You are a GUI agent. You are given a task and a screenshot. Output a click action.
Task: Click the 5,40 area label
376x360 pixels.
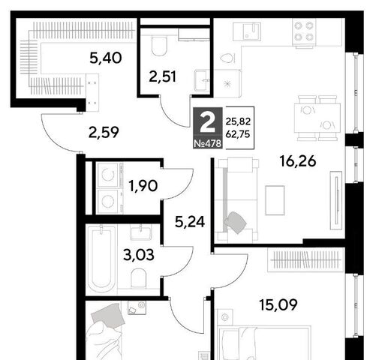click(106, 58)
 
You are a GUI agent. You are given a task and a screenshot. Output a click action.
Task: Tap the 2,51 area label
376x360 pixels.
click(163, 76)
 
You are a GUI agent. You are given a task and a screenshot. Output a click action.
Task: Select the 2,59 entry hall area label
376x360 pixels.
click(104, 133)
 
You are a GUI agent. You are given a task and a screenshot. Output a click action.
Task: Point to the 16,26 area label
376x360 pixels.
click(298, 161)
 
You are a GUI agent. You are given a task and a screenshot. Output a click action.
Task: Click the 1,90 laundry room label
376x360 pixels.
click(143, 186)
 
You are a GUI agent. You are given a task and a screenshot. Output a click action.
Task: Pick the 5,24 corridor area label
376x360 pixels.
click(190, 222)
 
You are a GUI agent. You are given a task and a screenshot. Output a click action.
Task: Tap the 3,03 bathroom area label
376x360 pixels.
click(139, 255)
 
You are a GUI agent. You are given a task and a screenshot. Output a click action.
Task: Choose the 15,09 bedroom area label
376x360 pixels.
click(278, 304)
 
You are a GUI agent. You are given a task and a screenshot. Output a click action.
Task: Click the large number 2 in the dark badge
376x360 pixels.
click(207, 123)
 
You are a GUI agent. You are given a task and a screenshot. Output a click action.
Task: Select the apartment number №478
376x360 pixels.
click(208, 143)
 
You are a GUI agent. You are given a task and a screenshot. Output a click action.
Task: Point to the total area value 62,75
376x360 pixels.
click(238, 134)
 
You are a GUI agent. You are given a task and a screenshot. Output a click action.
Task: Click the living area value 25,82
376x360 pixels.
click(238, 121)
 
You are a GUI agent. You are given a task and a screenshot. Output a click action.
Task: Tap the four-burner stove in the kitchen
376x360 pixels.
click(304, 33)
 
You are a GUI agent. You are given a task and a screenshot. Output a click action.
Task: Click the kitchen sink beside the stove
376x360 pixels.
click(247, 31)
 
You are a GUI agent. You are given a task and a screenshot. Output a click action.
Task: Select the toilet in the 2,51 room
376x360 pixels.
click(159, 46)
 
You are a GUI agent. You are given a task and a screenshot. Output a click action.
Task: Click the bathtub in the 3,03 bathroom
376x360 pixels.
click(101, 259)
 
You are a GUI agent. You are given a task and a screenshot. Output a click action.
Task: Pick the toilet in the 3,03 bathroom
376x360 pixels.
click(138, 278)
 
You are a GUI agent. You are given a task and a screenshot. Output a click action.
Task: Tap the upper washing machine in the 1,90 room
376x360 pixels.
click(108, 175)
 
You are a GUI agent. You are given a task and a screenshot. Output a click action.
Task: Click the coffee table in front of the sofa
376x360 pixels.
click(275, 200)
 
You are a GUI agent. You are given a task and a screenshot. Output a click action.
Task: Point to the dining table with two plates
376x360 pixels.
click(317, 118)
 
